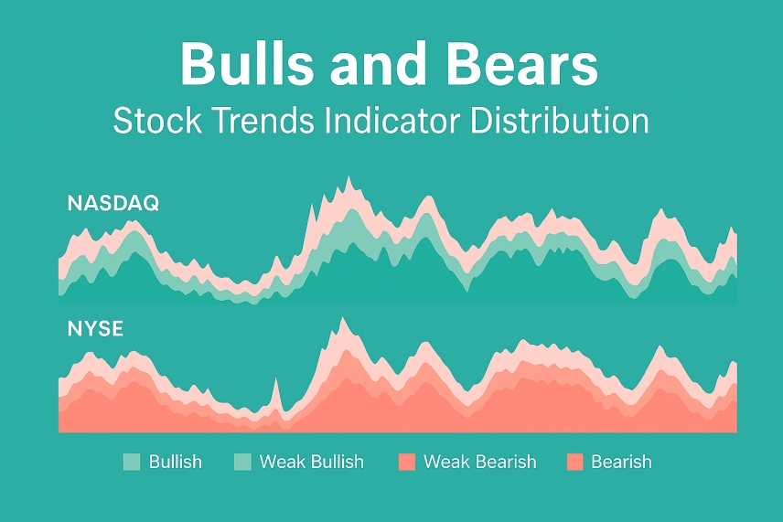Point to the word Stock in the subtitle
coord(155,122)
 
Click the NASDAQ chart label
coord(113,204)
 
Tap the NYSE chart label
coord(95,329)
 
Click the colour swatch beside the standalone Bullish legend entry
coord(131,462)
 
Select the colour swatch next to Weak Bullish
coord(242,462)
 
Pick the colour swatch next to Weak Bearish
coord(407,462)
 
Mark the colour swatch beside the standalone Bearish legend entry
coord(575,462)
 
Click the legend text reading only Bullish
coord(175,462)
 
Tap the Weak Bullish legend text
coord(311,462)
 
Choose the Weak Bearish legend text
coord(479,462)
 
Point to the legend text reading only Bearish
coord(621,462)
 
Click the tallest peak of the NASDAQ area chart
coord(349,179)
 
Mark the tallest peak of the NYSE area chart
coord(343,320)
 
